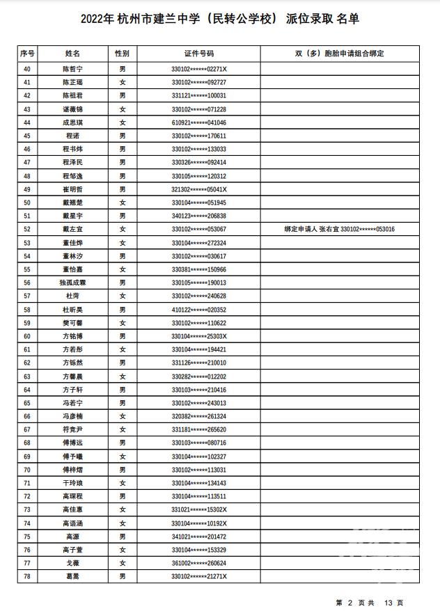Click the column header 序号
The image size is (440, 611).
[27, 53]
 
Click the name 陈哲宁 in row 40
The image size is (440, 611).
[72, 69]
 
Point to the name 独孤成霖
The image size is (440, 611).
[72, 283]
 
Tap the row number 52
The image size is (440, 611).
[27, 229]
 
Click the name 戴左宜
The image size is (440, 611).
[72, 229]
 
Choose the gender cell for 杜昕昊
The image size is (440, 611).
[122, 310]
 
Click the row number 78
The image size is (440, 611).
[27, 577]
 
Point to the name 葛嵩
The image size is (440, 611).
[72, 577]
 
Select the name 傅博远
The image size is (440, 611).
[72, 443]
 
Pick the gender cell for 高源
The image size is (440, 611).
[122, 537]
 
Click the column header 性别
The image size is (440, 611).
[122, 53]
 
